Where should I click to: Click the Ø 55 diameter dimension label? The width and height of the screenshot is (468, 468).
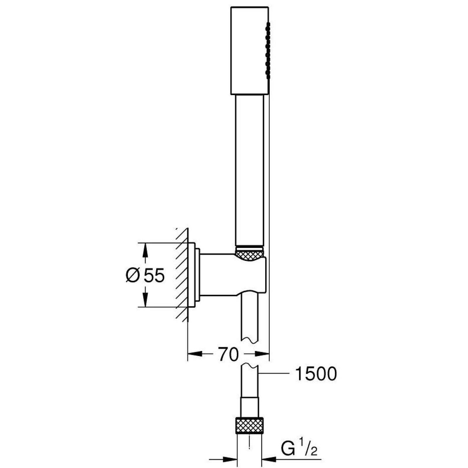click(145, 275)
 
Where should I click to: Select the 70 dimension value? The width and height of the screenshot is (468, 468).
click(228, 355)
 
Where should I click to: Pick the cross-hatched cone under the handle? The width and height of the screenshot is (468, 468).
click(250, 253)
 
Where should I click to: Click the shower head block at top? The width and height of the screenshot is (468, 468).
click(250, 51)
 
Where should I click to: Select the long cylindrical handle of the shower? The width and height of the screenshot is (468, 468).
click(250, 171)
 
